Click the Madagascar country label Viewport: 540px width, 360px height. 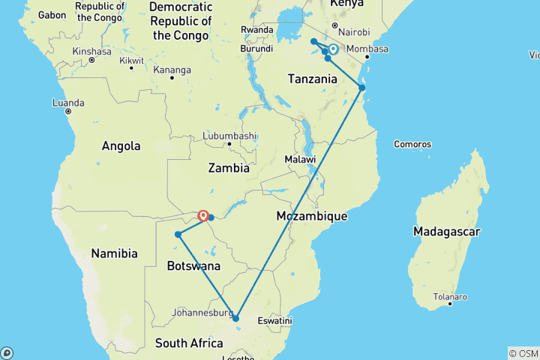point(446,232)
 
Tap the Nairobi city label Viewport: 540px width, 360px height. point(354,32)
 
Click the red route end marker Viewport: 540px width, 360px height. point(202,216)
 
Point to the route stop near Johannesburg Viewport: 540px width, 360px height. point(236,318)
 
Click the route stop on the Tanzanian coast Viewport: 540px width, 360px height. point(361,88)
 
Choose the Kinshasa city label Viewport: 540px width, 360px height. point(91,52)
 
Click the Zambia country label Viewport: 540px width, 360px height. point(229,168)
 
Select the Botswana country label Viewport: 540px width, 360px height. point(193,266)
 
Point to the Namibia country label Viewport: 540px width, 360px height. point(114,253)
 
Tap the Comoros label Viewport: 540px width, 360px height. point(413,144)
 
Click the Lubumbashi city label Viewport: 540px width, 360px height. point(229,136)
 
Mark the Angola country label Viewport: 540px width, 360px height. point(121,146)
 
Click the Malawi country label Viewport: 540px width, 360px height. point(300,160)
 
